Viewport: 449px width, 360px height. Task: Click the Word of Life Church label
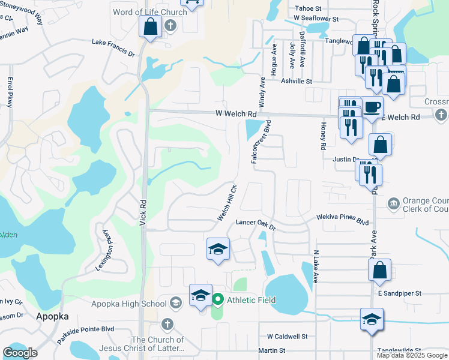149,12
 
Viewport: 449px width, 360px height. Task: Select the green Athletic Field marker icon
217,299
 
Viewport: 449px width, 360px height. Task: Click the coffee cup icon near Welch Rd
372,107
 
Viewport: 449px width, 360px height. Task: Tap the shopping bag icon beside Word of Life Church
149,26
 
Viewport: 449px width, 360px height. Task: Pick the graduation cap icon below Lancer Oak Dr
218,248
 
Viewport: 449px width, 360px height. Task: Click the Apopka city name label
53,316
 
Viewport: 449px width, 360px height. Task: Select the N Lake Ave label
315,267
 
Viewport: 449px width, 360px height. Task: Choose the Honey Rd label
323,138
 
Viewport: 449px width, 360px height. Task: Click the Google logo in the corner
20,353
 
